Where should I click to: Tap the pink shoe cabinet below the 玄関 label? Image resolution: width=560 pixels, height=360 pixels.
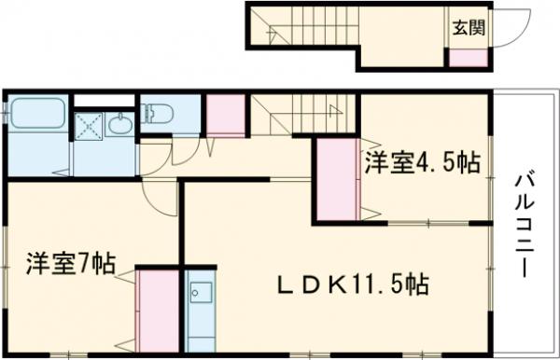[x=468, y=56]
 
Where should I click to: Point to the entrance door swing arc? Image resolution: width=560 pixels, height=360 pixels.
[x=507, y=28]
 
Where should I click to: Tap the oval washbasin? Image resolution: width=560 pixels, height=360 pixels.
[x=119, y=124]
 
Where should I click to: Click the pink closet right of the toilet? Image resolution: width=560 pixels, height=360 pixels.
[x=225, y=117]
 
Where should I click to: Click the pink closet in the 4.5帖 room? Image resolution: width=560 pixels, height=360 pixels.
[x=336, y=180]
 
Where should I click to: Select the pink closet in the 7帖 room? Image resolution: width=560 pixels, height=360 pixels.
[x=153, y=308]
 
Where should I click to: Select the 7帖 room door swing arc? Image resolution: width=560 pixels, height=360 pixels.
[x=159, y=192]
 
